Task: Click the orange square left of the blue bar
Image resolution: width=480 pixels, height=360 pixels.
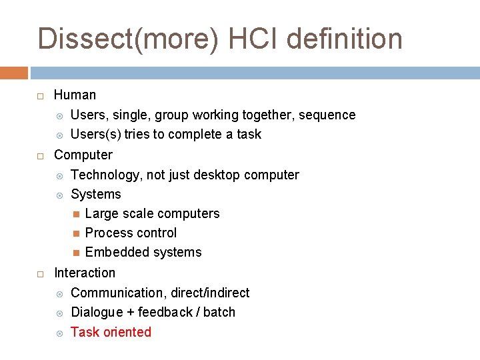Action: pyautogui.click(x=13, y=73)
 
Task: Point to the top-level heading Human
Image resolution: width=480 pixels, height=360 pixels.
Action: pyautogui.click(x=75, y=95)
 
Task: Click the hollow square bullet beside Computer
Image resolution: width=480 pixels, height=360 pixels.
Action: pyautogui.click(x=41, y=155)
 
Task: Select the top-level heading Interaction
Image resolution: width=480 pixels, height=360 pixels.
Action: pyautogui.click(x=84, y=273)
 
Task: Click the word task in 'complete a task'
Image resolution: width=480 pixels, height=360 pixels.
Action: pyautogui.click(x=249, y=135)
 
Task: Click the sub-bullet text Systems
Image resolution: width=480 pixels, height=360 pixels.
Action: pyautogui.click(x=96, y=194)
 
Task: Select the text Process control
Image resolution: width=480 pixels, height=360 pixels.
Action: pyautogui.click(x=131, y=233)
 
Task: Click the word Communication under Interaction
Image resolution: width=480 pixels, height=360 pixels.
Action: pyautogui.click(x=117, y=293)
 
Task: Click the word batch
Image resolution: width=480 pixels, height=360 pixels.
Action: pyautogui.click(x=220, y=312)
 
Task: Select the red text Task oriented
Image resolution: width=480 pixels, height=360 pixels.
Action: pyautogui.click(x=111, y=332)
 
